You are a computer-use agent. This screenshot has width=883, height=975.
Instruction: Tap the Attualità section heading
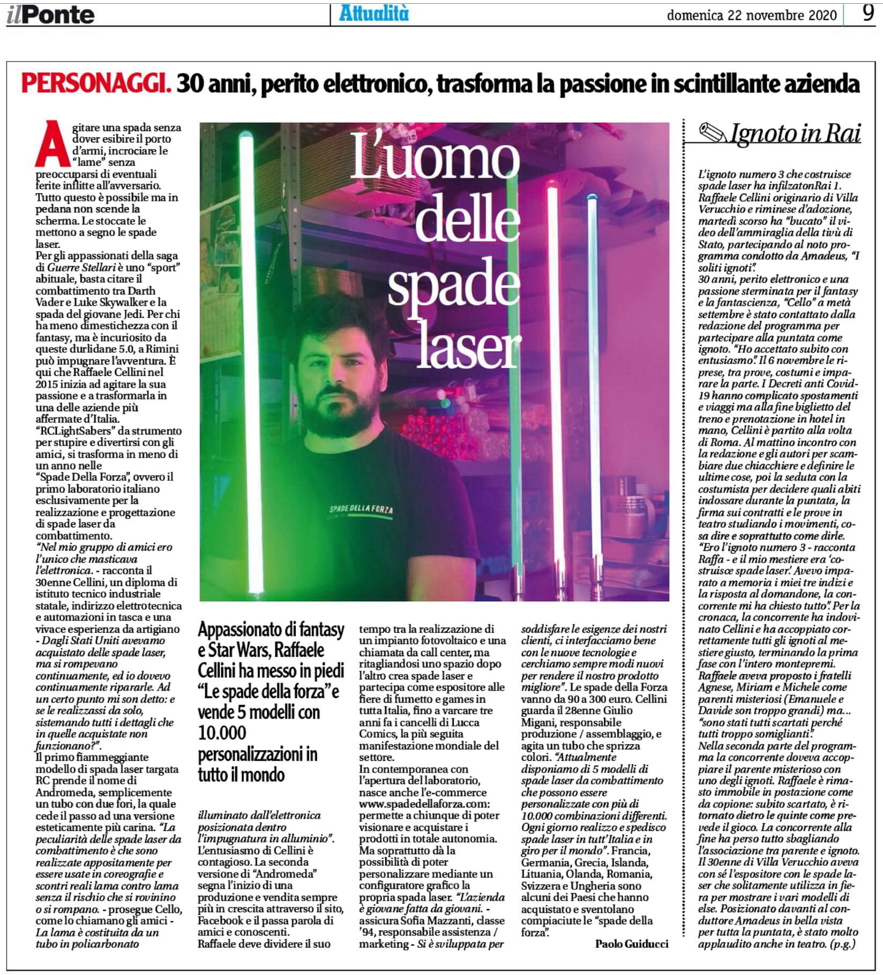(x=373, y=14)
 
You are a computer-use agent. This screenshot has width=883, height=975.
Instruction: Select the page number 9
(x=869, y=13)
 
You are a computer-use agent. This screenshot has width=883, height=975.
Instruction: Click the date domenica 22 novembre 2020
(x=751, y=16)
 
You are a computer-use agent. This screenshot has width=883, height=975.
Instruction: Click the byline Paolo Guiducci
(x=631, y=944)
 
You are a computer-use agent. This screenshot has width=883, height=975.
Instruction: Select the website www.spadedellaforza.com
(x=424, y=804)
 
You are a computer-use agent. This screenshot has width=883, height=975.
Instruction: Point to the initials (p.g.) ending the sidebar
(x=842, y=944)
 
